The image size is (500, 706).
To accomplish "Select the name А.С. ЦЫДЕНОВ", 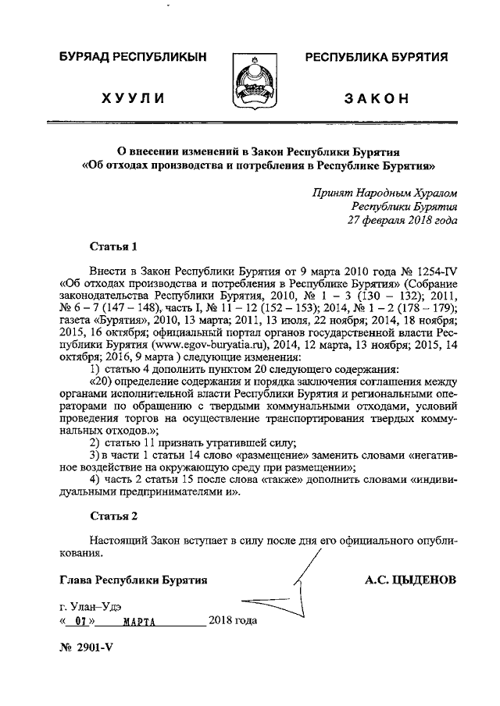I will pyautogui.click(x=410, y=580).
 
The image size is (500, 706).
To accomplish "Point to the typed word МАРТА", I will pyautogui.click(x=141, y=623).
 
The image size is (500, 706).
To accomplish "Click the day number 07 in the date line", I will pyautogui.click(x=76, y=623).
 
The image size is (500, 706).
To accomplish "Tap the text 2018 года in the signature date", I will pyautogui.click(x=233, y=622).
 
